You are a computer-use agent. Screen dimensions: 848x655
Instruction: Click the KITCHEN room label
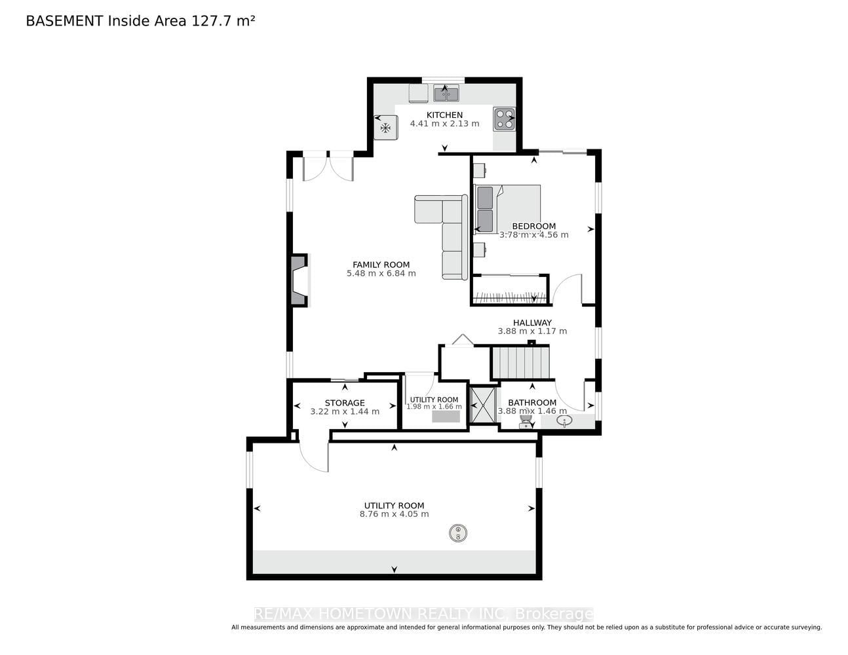pos(444,115)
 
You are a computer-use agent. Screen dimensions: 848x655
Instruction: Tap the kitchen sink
pos(446,94)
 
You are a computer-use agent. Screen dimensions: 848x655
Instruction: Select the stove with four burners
pos(504,119)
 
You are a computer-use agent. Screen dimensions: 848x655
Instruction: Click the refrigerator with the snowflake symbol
pos(385,127)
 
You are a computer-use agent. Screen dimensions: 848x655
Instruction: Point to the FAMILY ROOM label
pos(381,265)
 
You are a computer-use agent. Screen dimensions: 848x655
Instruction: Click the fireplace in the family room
pos(299,280)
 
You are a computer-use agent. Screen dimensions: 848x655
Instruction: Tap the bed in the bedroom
pos(507,210)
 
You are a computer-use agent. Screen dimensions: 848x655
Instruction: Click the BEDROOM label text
pos(534,226)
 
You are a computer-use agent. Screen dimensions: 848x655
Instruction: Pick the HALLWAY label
pos(532,323)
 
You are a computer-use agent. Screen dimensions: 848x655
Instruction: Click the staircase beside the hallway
pos(520,363)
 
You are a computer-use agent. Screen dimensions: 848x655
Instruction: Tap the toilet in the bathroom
pos(526,421)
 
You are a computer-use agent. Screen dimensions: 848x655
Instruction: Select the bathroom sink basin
pos(564,421)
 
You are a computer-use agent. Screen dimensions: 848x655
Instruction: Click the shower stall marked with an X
pos(483,405)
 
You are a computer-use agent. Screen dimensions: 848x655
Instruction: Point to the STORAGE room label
pos(345,403)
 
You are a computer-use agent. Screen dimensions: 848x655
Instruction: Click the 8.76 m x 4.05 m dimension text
pos(394,514)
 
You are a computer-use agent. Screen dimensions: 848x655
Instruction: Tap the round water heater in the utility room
pos(458,533)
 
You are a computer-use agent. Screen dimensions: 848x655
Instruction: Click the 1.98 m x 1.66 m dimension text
pos(434,407)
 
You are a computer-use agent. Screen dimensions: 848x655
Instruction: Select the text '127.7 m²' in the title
pos(223,21)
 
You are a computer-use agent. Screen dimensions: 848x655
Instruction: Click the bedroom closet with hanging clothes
pos(510,290)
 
